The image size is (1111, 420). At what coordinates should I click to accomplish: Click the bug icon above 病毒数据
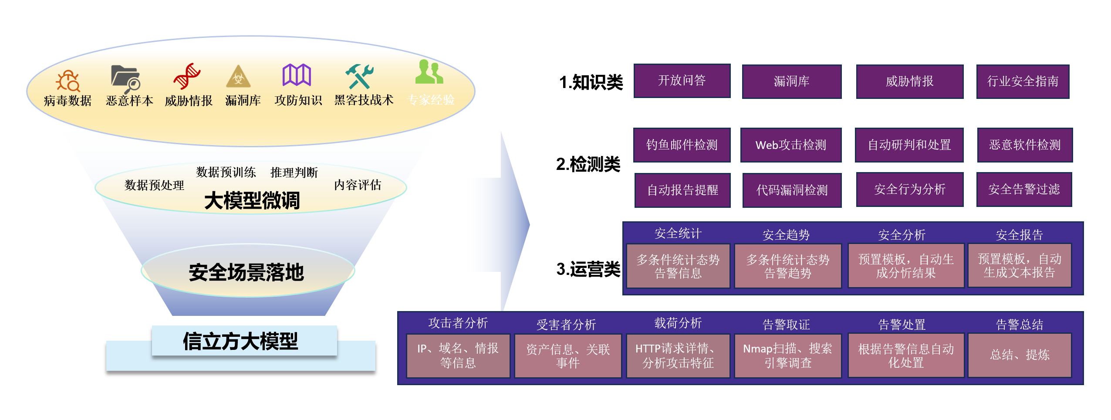point(68,81)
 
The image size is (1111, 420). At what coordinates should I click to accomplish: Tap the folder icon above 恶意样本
point(125,78)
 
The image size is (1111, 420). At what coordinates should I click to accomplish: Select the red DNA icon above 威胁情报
point(187,76)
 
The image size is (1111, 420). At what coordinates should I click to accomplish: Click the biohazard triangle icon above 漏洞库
point(238,77)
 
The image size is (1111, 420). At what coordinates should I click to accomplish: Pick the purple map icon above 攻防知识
point(297,75)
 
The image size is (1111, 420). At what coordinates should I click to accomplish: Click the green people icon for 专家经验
point(429,72)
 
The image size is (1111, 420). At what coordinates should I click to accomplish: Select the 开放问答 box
point(682,81)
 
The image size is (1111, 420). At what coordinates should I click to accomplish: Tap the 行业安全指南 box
point(1022,81)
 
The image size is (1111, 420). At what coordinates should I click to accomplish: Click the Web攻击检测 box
point(790,145)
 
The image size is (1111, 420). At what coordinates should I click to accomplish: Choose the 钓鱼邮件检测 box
point(682,145)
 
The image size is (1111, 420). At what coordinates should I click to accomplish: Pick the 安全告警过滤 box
point(1024,190)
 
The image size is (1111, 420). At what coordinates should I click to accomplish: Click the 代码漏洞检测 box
point(792,190)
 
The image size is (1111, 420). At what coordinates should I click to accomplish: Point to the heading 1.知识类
point(591,82)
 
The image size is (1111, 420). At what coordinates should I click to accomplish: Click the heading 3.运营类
point(588,269)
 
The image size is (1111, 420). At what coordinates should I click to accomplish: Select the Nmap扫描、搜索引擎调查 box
point(787,356)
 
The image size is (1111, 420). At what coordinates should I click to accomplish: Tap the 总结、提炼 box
point(1020,355)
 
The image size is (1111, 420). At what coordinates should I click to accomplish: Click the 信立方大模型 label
point(240,341)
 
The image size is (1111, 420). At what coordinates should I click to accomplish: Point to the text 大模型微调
point(252,201)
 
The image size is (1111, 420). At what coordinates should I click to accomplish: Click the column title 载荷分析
point(678,323)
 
